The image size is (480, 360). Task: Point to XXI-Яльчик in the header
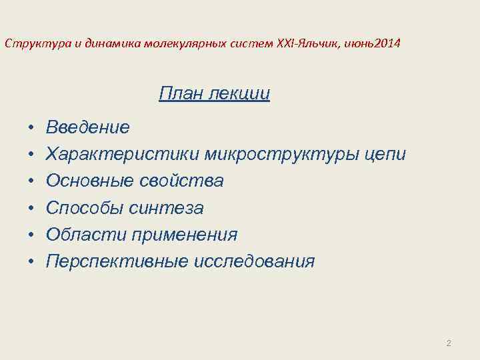309,44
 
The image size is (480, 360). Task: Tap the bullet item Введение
87,127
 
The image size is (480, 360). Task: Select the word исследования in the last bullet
254,261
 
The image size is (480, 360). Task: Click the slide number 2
448,343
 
